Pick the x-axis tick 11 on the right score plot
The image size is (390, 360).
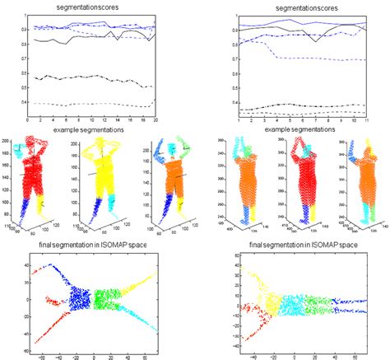[366, 120]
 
